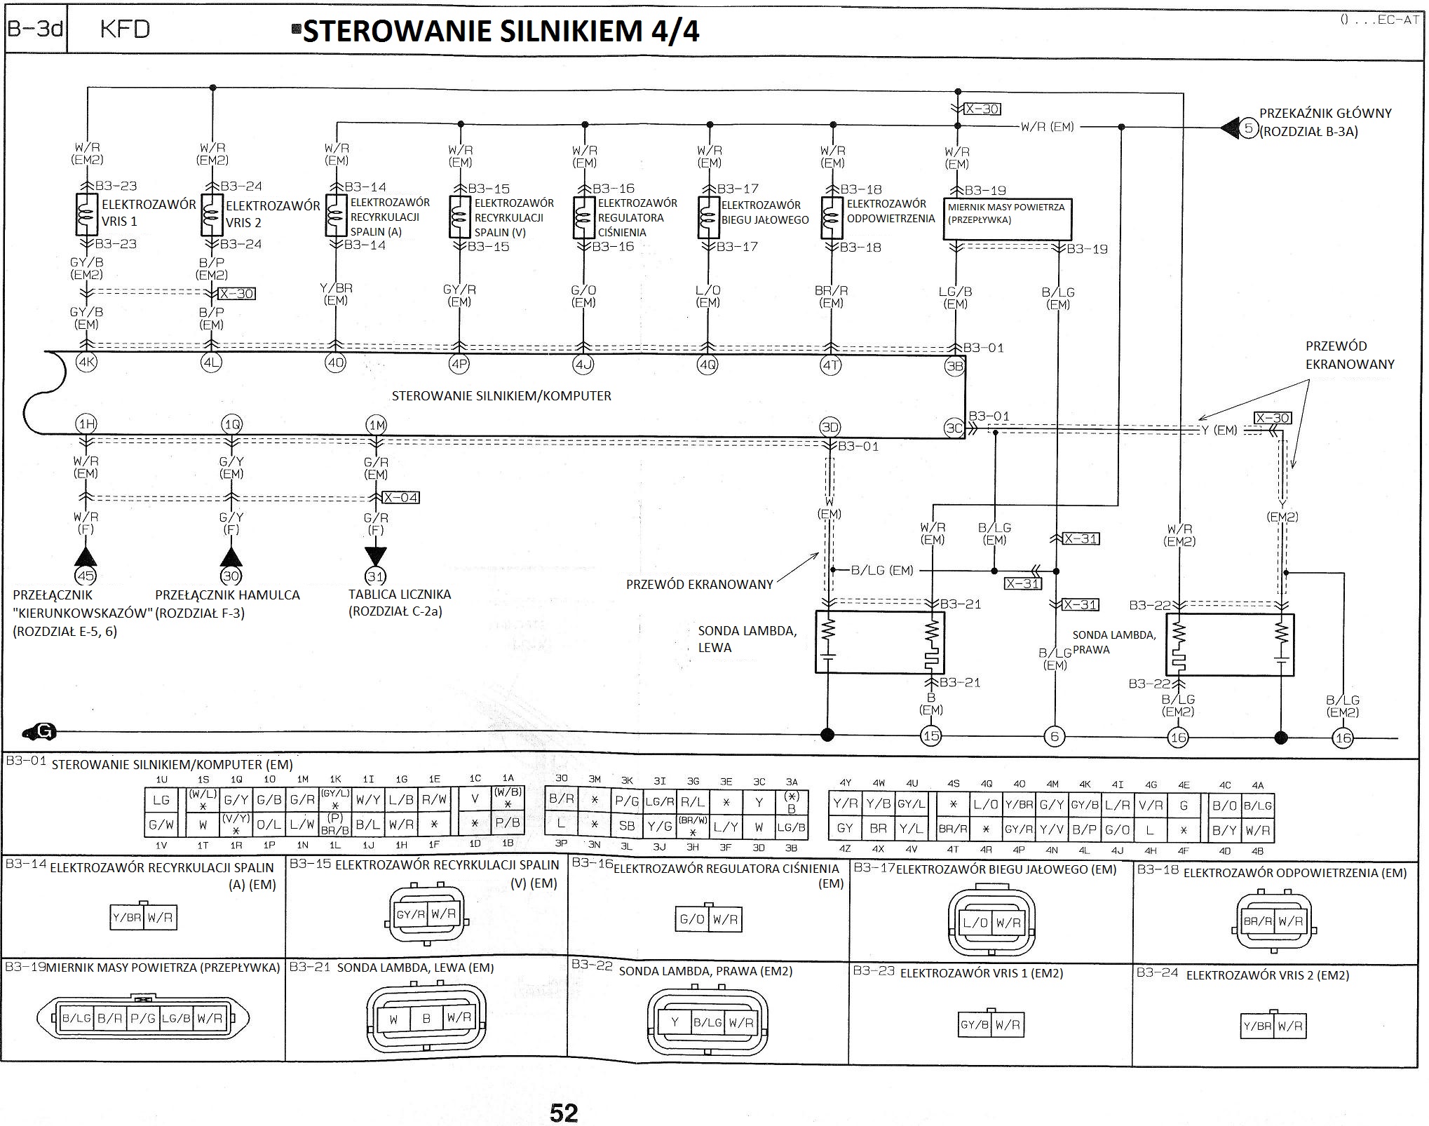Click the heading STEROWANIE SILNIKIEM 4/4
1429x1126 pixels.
(501, 31)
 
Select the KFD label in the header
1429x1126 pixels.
(125, 29)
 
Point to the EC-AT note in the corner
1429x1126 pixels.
(1379, 20)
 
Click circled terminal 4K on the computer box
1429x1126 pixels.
(86, 363)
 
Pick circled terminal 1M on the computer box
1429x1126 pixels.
(377, 424)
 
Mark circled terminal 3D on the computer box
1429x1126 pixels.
(829, 427)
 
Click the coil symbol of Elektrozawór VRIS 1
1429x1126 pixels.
(86, 214)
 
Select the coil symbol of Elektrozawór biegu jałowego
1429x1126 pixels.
(707, 217)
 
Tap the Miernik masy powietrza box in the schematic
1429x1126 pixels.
(1007, 219)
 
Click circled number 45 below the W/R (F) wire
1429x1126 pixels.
(86, 576)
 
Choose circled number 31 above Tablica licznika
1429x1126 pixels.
(376, 576)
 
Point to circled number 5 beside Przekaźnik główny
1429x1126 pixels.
(1249, 128)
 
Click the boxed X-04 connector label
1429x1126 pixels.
(401, 498)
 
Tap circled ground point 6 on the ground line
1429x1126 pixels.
(1054, 735)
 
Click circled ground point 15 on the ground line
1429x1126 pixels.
(930, 735)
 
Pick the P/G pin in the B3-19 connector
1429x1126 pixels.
(142, 1019)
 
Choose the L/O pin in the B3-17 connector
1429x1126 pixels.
(975, 923)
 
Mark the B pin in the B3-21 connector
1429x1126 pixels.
(426, 1019)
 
